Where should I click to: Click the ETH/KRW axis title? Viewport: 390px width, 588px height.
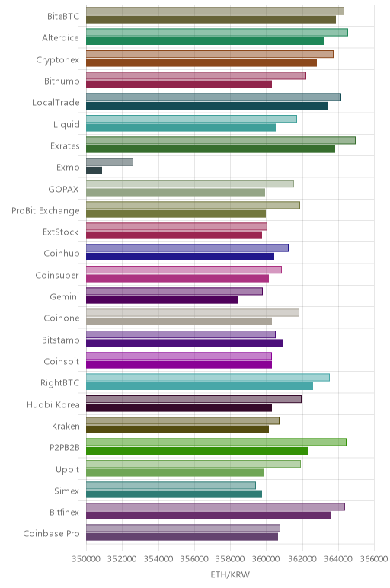(230, 574)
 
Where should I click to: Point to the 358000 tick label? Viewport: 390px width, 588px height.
(230, 559)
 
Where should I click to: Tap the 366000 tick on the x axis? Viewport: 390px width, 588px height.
(374, 559)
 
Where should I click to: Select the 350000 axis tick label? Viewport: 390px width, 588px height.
(86, 559)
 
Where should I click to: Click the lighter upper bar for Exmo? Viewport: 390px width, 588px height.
(110, 161)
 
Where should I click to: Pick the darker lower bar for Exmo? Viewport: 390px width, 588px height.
(94, 171)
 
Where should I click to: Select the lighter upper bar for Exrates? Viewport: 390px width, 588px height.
(221, 140)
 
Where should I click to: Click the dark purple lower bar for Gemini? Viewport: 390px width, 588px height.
(162, 300)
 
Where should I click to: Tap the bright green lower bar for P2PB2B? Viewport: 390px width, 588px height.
(197, 451)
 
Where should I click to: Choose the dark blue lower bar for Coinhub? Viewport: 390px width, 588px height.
(180, 257)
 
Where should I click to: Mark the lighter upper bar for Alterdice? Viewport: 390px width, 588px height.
(217, 32)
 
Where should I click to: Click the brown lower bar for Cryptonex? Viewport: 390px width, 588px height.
(201, 63)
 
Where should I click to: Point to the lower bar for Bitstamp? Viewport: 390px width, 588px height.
(185, 343)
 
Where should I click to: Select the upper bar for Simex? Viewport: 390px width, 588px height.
(171, 485)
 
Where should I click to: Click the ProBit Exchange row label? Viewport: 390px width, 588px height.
(46, 211)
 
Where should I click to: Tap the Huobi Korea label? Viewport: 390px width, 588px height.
(53, 405)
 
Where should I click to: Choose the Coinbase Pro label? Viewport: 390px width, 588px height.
(51, 534)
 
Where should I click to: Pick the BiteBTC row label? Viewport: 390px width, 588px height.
(63, 17)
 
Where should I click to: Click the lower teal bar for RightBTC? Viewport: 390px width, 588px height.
(200, 386)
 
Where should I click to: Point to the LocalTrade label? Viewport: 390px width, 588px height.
(56, 103)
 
